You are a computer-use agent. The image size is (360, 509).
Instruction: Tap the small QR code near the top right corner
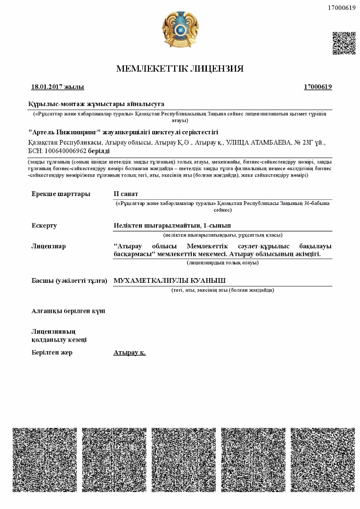(x=344, y=43)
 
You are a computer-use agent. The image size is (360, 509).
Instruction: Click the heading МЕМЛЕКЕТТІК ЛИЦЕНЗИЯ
(x=180, y=69)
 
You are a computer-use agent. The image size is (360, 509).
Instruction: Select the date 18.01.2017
(x=47, y=87)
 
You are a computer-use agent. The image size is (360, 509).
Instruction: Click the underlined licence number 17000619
(x=318, y=87)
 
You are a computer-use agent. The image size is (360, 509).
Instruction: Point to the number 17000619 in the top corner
(x=341, y=8)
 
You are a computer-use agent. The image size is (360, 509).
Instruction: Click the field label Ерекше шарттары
(x=61, y=194)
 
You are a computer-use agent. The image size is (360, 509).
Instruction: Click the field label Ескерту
(x=44, y=225)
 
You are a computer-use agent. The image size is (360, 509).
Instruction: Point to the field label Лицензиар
(x=49, y=246)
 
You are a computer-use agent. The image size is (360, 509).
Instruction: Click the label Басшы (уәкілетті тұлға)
(x=69, y=281)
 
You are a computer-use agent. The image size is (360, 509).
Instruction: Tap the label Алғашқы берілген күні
(x=68, y=311)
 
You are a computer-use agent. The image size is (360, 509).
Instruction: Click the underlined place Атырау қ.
(x=130, y=353)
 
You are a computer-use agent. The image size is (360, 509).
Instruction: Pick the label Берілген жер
(x=52, y=353)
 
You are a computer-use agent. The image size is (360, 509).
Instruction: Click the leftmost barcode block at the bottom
(x=44, y=460)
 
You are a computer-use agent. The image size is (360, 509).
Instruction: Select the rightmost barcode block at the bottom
(x=323, y=460)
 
